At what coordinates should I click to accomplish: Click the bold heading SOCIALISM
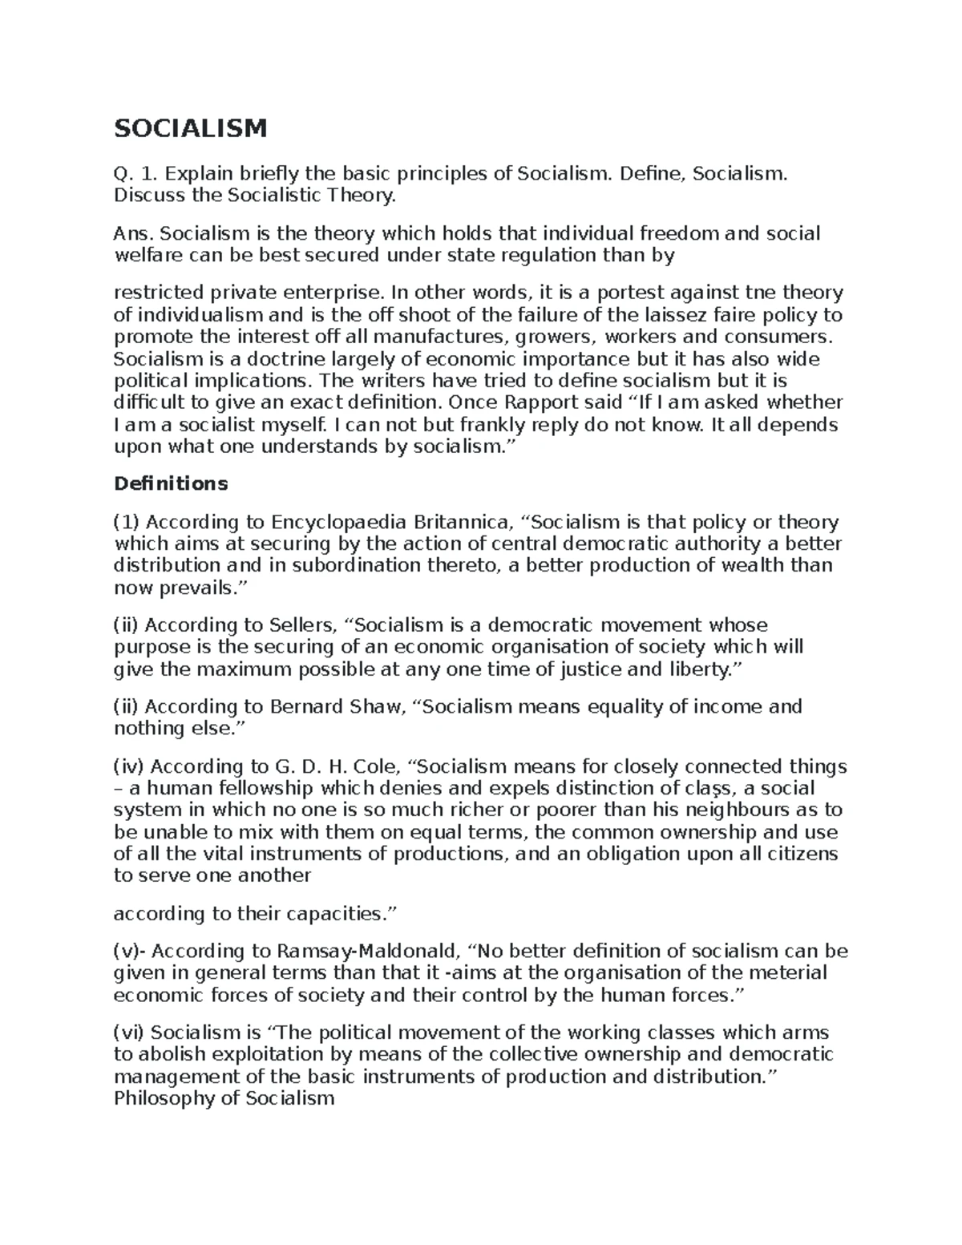click(x=190, y=127)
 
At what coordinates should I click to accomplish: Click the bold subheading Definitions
click(x=171, y=484)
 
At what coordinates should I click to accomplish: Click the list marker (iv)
click(x=129, y=766)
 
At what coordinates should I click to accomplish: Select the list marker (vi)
click(x=129, y=1033)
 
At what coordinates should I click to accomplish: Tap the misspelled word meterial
click(x=789, y=973)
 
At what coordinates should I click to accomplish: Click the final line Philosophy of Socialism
click(x=224, y=1097)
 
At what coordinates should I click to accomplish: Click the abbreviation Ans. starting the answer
click(x=131, y=233)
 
